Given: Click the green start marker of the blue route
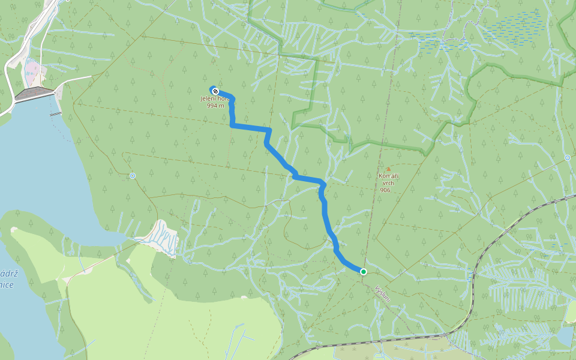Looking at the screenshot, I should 364,272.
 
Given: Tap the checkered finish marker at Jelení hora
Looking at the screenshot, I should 215,91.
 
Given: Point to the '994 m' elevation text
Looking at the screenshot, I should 215,106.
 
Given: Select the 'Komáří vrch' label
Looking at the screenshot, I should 389,179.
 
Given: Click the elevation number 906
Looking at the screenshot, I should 385,190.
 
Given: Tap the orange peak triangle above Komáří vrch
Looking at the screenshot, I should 388,169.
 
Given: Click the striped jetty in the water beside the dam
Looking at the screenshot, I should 55,113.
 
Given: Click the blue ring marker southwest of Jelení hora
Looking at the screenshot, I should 133,176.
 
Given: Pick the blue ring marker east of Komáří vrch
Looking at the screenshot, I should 568,158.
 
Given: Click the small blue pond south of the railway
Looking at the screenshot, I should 565,337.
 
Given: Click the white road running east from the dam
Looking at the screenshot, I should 75,80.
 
